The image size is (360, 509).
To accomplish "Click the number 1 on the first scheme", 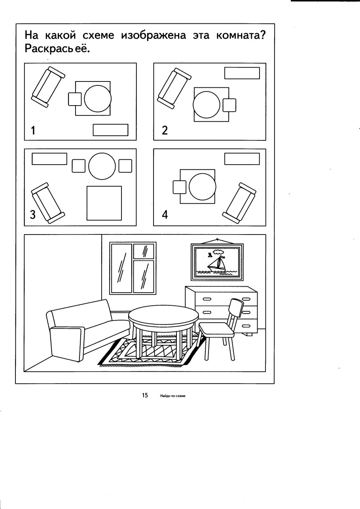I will click(x=33, y=131).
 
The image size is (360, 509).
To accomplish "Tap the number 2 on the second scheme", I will click(x=165, y=131).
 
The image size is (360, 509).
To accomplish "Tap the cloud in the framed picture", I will click(x=218, y=251).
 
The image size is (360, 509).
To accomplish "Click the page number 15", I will click(x=145, y=395).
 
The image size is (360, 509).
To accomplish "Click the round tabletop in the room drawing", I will click(x=164, y=316).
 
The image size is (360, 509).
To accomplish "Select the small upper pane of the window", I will click(x=145, y=251).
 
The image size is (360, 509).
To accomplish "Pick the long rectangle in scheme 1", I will click(x=110, y=130).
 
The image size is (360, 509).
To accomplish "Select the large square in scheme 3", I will click(x=104, y=203).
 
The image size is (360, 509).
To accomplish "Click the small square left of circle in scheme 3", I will click(x=78, y=166).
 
